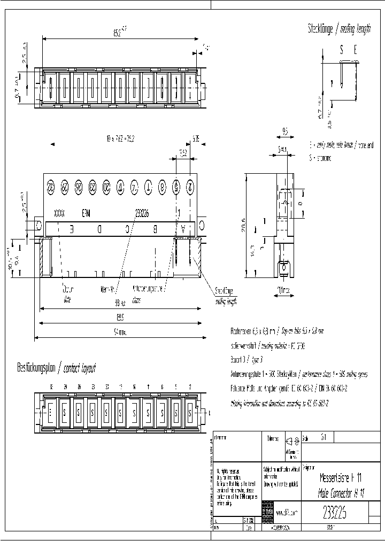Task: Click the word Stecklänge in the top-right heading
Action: click(320, 29)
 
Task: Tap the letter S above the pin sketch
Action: click(342, 50)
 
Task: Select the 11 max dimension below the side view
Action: click(283, 291)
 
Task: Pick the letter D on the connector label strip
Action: click(99, 228)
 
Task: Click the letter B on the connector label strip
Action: click(155, 228)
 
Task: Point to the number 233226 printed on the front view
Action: click(142, 212)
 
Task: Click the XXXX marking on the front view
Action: click(59, 212)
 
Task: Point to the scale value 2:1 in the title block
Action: click(324, 437)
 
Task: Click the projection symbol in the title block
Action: click(291, 442)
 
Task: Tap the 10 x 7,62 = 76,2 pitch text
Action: click(120, 138)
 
